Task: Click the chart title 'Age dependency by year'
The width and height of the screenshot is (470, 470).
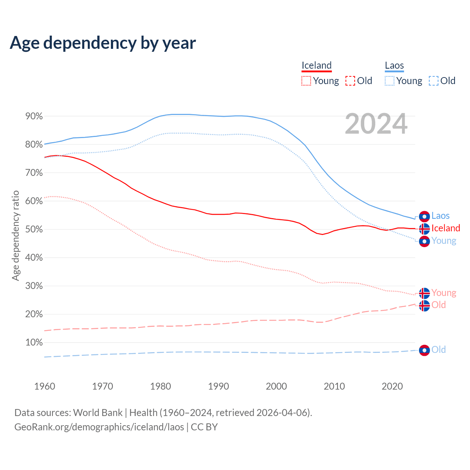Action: tap(103, 43)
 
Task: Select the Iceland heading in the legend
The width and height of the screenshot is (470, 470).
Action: tap(317, 65)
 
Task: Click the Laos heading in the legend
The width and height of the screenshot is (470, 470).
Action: tap(394, 65)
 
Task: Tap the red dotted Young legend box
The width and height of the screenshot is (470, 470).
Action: tap(306, 81)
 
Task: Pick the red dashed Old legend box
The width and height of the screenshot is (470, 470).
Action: tap(350, 81)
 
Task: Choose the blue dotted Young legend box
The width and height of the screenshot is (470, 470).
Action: tap(390, 81)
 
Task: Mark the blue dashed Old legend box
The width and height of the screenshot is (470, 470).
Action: tap(434, 81)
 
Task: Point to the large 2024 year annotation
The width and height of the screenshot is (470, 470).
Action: tap(376, 124)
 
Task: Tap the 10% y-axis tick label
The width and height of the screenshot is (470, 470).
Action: tap(34, 343)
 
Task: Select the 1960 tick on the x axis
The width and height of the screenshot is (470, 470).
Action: tap(44, 386)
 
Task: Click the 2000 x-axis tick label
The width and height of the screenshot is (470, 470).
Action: tap(276, 386)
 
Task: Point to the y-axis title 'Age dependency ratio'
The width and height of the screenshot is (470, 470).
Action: tap(15, 235)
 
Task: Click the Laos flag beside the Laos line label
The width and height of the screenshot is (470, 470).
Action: tap(424, 216)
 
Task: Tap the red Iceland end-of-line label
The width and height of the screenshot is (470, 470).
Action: tap(445, 228)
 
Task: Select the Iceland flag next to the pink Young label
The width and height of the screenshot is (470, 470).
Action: tap(424, 293)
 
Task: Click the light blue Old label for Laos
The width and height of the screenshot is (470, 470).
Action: tap(438, 350)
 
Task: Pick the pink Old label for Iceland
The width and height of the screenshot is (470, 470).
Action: tap(438, 305)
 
